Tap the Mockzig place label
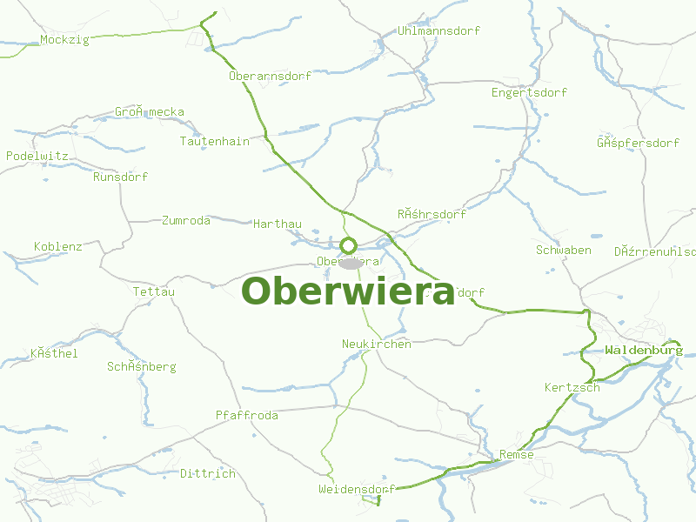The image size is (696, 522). pos(65,40)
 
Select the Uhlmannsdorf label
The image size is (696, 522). pos(438,31)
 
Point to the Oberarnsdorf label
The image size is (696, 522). pos(270,77)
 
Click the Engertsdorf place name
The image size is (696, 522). pos(529,93)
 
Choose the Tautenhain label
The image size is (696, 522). pos(214,141)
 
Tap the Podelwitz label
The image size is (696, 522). pos(37,156)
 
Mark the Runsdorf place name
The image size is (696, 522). pos(121,177)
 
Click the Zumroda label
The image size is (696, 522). pos(186,221)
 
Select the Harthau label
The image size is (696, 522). pos(278,224)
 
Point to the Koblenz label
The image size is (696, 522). pos(58,247)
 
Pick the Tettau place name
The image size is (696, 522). pos(154,292)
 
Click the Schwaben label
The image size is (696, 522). pos(564,251)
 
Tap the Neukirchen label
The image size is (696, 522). pos(377,345)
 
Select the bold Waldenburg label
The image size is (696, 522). pos(644,351)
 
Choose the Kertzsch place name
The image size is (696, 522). pos(572,388)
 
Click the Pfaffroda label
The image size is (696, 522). pos(247,416)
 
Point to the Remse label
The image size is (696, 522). pos(517,455)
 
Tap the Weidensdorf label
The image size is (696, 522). pos(357,490)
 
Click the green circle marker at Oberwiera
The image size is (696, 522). pos(349,245)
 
